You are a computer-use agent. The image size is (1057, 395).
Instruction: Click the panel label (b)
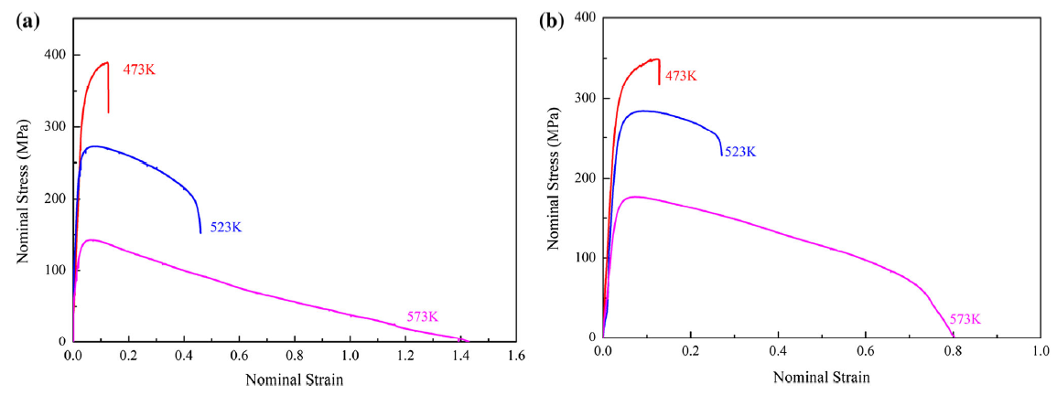tap(549, 21)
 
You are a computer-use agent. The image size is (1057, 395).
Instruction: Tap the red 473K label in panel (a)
tap(139, 69)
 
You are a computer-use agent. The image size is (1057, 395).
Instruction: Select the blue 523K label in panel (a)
tap(225, 227)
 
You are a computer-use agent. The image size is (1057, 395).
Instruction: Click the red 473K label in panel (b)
tap(681, 76)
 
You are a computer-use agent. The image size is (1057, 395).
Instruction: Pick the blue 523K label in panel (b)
tap(740, 153)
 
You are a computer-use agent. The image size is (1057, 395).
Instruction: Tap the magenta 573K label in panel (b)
tap(965, 319)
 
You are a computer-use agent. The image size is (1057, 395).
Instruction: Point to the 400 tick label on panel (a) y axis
tap(54, 55)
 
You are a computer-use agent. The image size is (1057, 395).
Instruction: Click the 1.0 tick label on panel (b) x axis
tap(1041, 351)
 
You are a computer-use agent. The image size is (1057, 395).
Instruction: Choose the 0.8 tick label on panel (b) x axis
tap(953, 351)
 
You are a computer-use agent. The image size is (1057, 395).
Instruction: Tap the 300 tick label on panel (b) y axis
tap(584, 99)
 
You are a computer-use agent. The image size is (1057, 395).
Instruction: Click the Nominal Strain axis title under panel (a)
tap(295, 379)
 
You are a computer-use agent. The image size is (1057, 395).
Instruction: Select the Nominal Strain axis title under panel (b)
tap(822, 376)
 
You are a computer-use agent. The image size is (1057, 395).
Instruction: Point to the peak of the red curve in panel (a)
tap(107, 63)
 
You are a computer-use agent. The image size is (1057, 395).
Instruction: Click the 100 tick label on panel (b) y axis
tap(584, 258)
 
